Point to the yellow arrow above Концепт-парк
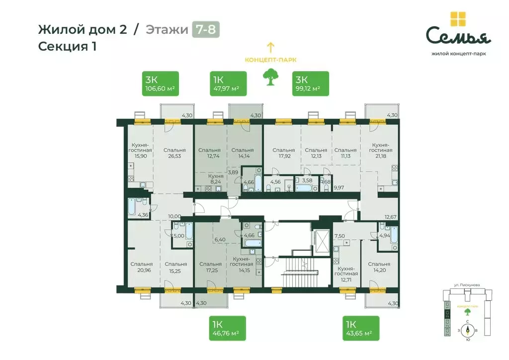[270, 48]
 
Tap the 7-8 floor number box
[206, 29]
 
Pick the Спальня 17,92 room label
[283, 153]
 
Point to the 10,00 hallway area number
[174, 216]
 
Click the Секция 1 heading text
[67, 47]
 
